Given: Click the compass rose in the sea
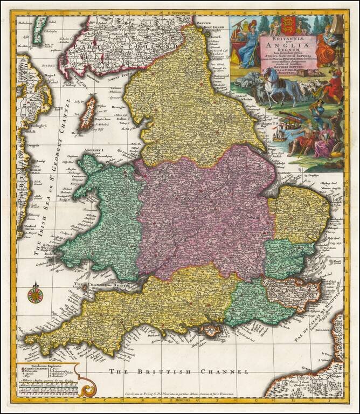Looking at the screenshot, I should [36, 294].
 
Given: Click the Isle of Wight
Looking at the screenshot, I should [205, 330].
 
